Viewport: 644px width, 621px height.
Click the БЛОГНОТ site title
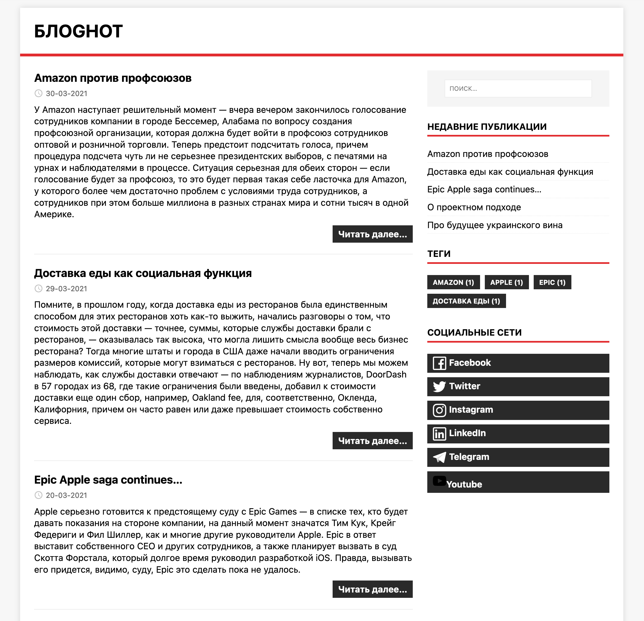(x=78, y=31)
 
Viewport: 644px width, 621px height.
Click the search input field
(x=518, y=89)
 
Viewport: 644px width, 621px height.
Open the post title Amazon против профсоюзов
(x=113, y=78)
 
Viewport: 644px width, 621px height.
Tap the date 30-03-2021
(x=66, y=94)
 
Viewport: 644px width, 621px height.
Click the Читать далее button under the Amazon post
(x=372, y=234)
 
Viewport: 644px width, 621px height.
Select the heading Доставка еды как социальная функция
(x=143, y=273)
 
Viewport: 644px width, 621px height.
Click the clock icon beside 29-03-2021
(x=39, y=289)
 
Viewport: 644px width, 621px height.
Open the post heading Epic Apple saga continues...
(x=108, y=480)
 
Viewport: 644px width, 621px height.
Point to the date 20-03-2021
(x=66, y=495)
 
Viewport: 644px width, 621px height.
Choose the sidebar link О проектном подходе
(x=474, y=207)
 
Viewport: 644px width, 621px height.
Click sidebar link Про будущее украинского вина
(x=495, y=225)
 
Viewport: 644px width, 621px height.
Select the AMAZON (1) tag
(x=453, y=283)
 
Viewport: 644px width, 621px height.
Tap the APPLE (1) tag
(x=506, y=283)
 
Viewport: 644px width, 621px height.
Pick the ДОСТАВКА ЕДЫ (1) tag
(x=466, y=301)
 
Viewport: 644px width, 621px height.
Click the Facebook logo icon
(x=439, y=363)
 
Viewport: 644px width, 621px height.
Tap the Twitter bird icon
(x=439, y=386)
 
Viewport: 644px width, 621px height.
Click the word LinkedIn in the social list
(x=467, y=433)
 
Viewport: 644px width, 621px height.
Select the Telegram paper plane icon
(x=439, y=457)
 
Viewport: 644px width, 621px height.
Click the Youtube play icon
(x=439, y=481)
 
